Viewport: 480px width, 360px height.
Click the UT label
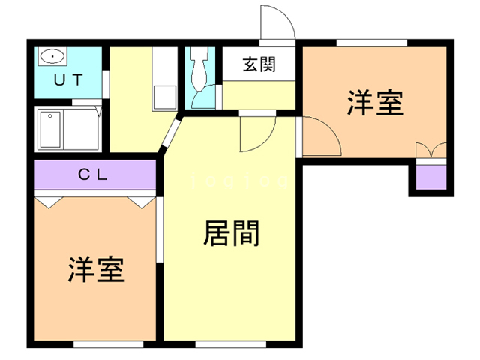(67, 79)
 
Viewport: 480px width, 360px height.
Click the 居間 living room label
(231, 235)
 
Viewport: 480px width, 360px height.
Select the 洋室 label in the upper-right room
(375, 103)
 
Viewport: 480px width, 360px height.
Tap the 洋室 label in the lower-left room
(96, 269)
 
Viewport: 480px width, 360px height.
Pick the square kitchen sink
(163, 97)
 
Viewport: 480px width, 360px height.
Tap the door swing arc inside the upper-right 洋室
(319, 136)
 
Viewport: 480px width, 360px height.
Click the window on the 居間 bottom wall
(230, 345)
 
